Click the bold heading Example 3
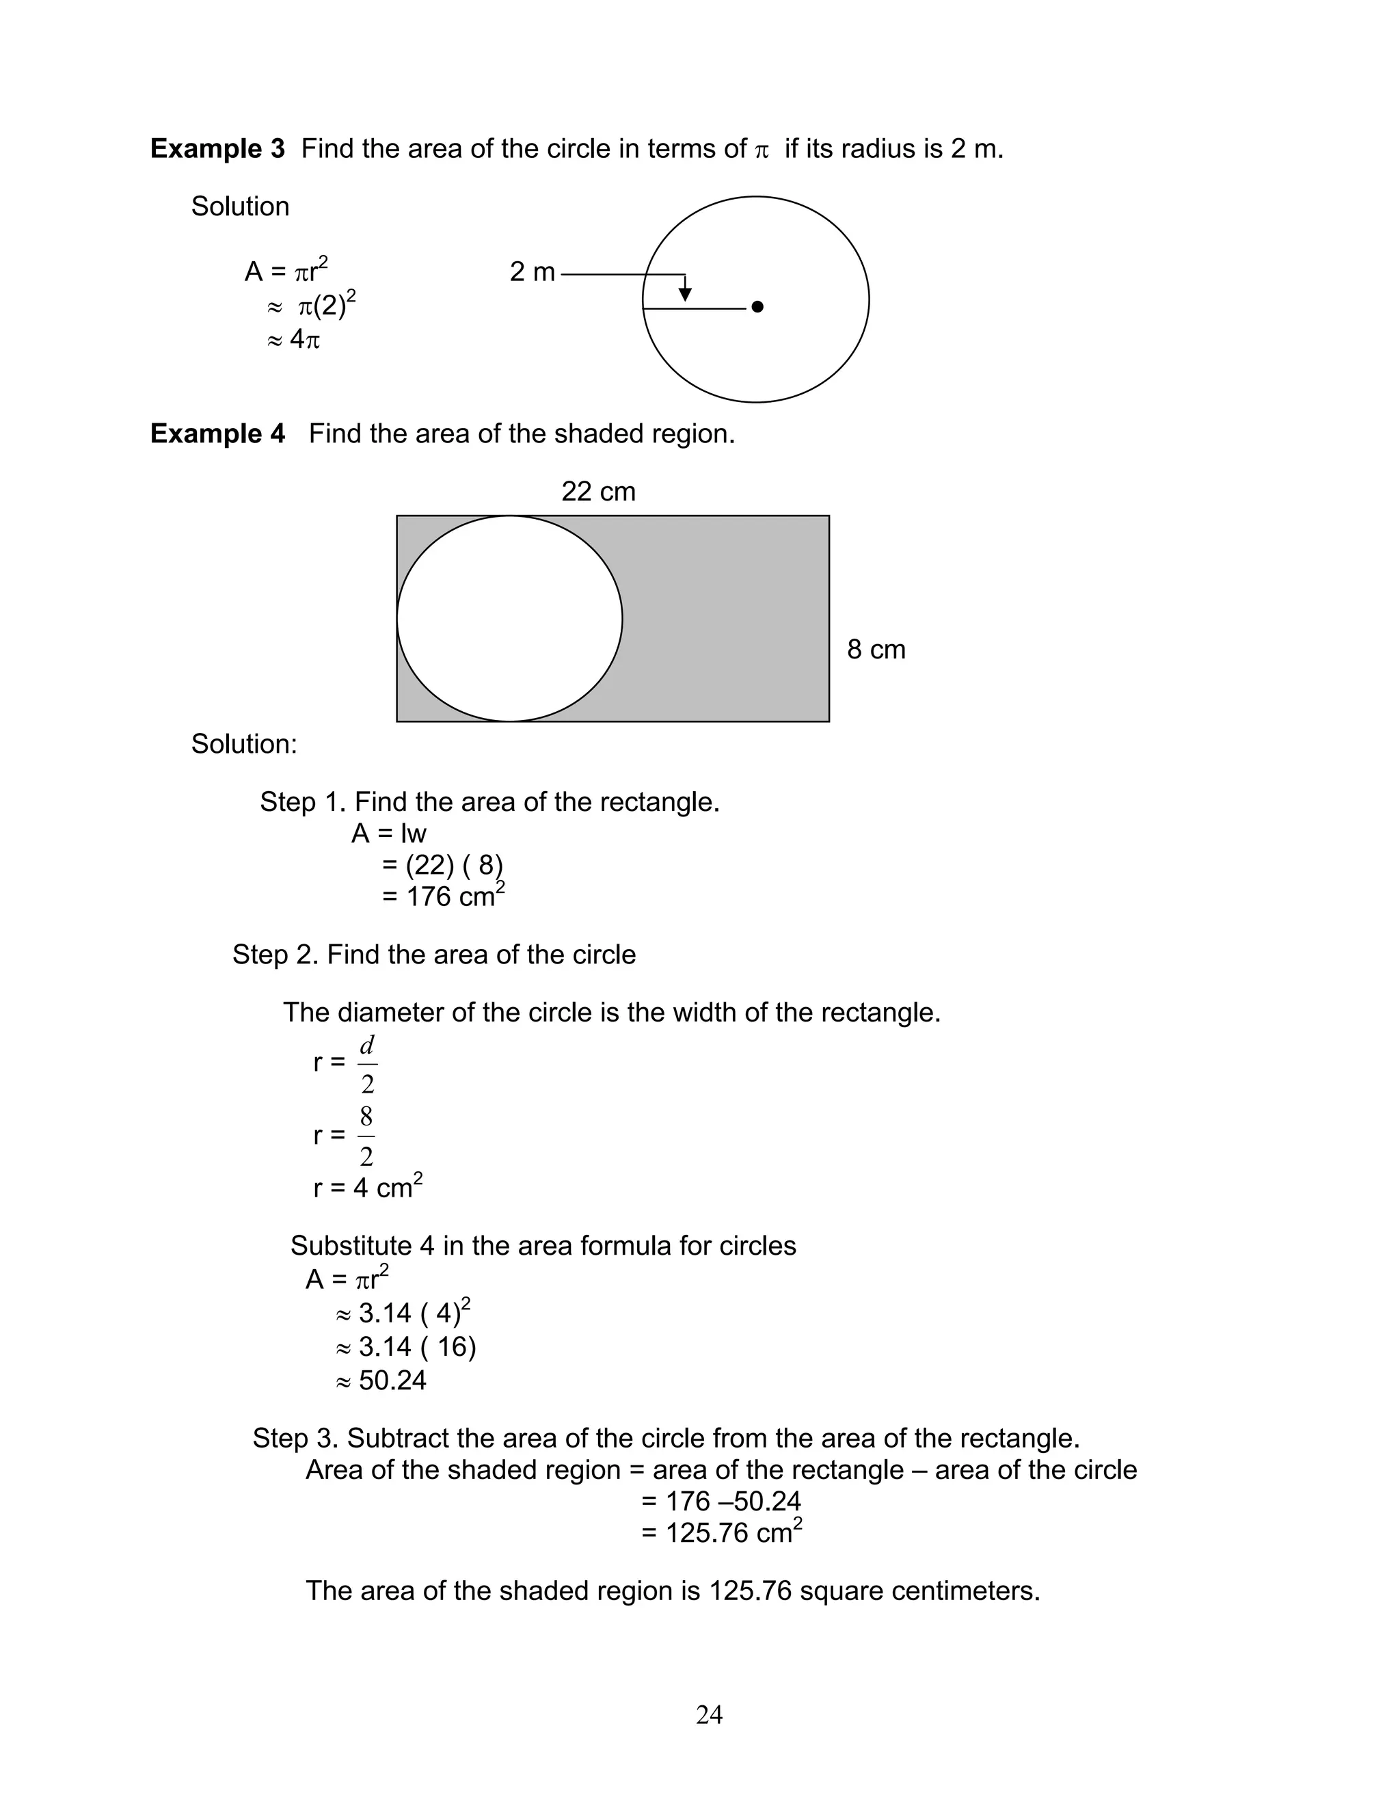tap(217, 149)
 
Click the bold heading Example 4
tap(217, 434)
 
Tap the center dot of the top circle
tap(757, 307)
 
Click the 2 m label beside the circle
tap(532, 272)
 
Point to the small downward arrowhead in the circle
tap(685, 295)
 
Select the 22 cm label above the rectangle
tap(598, 492)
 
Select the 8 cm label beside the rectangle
tap(876, 650)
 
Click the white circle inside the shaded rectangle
tap(509, 619)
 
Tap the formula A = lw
tap(389, 834)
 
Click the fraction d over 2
tap(367, 1065)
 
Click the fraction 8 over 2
tap(366, 1136)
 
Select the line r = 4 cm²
tap(367, 1188)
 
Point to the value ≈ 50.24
tap(381, 1381)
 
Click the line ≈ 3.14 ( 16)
tap(405, 1346)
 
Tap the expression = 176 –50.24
tap(721, 1501)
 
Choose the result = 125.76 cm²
tap(721, 1532)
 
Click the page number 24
tap(709, 1715)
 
